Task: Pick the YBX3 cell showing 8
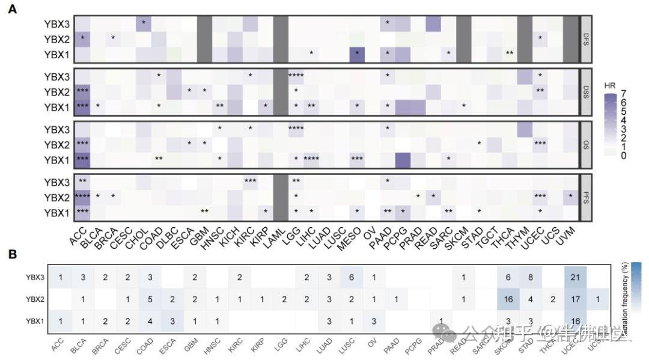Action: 530,277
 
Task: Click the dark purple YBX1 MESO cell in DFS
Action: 357,53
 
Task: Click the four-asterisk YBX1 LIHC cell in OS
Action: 311,159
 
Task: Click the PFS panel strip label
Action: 586,196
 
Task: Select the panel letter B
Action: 12,254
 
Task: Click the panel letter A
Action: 12,10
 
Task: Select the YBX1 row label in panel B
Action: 35,322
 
